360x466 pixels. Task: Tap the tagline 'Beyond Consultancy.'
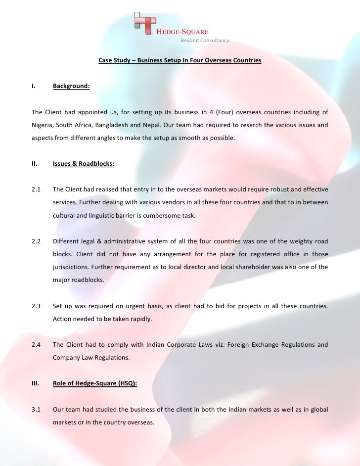click(205, 41)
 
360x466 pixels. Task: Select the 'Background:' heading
click(71, 86)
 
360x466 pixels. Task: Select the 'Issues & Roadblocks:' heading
click(84, 164)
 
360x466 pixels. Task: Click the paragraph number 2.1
click(36, 189)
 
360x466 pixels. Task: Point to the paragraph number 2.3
click(36, 306)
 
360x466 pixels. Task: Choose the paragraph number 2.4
click(36, 344)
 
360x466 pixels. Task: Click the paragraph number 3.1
click(36, 410)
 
